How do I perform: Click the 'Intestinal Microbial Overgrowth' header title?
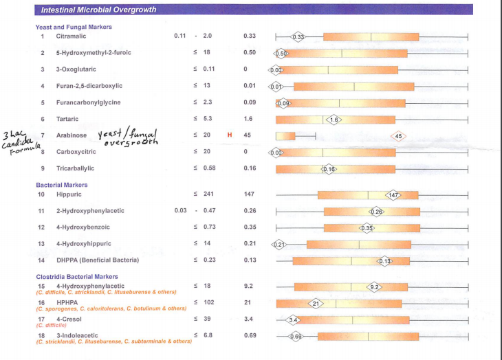click(98, 10)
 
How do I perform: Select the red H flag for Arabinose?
click(230, 135)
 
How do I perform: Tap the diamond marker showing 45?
click(400, 135)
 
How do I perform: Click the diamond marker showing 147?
click(393, 195)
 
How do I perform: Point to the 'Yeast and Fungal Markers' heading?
click(74, 27)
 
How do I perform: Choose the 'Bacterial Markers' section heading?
click(62, 185)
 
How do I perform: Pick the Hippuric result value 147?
click(250, 195)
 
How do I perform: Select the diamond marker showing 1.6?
click(333, 120)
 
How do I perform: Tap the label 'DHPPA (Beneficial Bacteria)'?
click(98, 260)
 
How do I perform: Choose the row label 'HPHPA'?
click(67, 302)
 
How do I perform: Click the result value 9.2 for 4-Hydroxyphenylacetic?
click(249, 286)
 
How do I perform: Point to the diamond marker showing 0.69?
click(296, 336)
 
